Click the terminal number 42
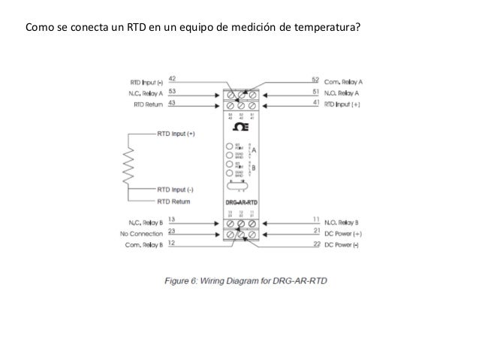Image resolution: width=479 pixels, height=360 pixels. tap(173, 77)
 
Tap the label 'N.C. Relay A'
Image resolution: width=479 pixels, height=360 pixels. tap(146, 92)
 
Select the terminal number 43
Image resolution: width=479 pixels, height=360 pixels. tap(173, 103)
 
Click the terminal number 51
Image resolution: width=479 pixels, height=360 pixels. tap(315, 91)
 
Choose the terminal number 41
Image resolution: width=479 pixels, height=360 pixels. tap(315, 102)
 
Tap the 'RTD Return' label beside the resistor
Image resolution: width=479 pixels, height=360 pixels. tap(174, 201)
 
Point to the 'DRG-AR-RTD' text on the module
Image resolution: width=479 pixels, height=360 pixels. tap(241, 201)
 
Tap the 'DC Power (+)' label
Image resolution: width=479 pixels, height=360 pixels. tap(342, 233)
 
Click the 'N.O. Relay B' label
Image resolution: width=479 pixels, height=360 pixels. tap(342, 222)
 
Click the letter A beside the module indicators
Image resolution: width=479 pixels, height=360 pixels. tap(253, 150)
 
